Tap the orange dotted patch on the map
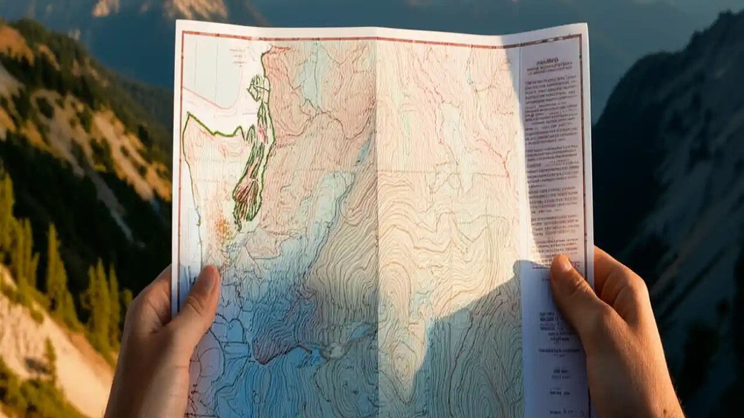coord(223,229)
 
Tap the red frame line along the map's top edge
coord(349,39)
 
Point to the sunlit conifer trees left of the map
coord(58,261)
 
